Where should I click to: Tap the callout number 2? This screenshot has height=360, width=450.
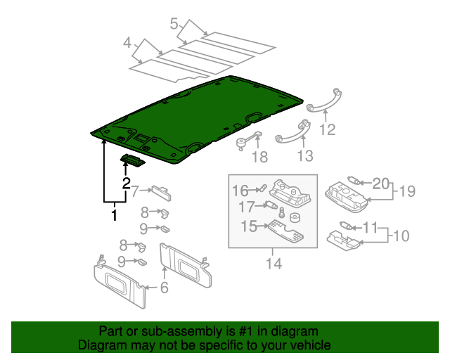tap(127, 185)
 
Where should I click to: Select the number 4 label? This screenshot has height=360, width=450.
tap(127, 44)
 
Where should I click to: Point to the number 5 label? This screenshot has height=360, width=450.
tap(174, 25)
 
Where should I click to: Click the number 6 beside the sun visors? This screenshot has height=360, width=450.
tap(164, 288)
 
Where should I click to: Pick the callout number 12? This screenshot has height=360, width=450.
tap(328, 129)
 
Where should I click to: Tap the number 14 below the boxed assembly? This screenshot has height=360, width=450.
tap(273, 264)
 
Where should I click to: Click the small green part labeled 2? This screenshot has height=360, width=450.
tap(134, 162)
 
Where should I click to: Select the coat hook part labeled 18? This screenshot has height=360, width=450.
tap(245, 139)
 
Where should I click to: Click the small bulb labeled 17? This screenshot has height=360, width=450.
tap(270, 206)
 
